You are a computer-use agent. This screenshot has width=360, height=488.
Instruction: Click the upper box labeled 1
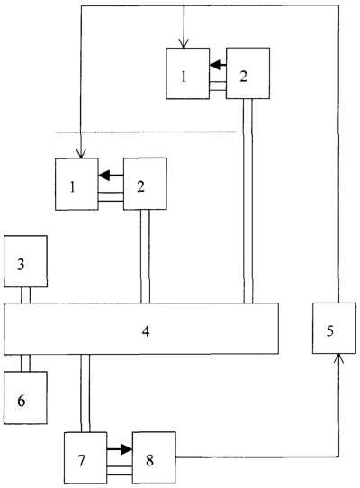click(187, 74)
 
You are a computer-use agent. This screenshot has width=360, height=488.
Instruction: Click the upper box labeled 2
click(247, 74)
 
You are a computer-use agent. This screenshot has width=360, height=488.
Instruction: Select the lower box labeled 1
click(76, 184)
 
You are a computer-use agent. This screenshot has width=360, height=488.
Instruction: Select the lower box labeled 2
click(145, 184)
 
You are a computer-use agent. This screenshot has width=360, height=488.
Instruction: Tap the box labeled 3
click(25, 261)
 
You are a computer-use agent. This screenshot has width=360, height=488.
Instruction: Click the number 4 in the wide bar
click(146, 331)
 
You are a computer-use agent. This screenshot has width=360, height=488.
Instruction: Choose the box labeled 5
click(334, 328)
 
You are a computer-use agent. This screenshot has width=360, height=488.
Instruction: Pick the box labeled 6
click(25, 397)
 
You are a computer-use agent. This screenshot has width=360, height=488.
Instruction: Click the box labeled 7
click(85, 457)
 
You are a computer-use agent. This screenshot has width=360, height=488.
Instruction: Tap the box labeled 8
click(154, 457)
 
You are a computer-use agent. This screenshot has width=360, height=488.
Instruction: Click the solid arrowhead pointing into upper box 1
click(215, 65)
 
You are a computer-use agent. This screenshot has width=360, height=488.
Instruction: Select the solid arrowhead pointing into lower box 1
click(104, 176)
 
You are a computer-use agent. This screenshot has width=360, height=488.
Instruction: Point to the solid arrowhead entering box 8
click(126, 449)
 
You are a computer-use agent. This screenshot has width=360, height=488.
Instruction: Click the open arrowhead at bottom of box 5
click(338, 358)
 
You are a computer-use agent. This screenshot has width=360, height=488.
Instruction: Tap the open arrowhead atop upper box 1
click(184, 43)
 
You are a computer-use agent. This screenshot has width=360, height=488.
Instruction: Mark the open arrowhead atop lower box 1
click(81, 154)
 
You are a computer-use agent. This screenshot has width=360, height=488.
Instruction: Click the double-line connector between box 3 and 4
click(26, 295)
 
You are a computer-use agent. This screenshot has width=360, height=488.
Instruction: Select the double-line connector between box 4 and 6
click(26, 363)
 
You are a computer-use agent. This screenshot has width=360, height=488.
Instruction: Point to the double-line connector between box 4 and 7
click(85, 393)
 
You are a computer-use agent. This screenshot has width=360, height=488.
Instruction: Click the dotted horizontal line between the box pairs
click(145, 132)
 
